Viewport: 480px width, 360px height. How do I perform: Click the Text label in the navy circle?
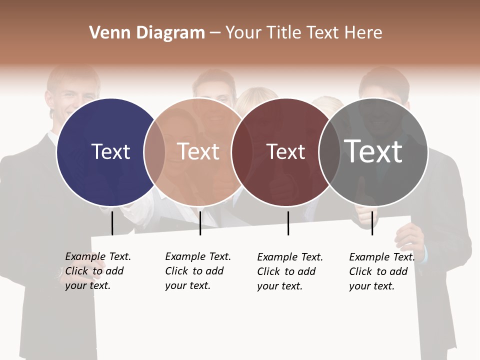(x=110, y=151)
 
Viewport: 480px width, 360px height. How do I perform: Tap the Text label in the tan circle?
(x=198, y=151)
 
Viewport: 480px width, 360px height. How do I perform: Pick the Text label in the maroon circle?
(x=285, y=152)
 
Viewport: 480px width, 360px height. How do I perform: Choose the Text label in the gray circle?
(x=373, y=151)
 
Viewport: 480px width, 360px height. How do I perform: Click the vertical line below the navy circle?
(x=112, y=223)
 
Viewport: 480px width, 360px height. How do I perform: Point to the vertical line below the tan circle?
(x=200, y=223)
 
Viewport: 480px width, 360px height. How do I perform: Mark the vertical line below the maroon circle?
(x=288, y=223)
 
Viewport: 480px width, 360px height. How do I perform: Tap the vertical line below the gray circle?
(x=372, y=223)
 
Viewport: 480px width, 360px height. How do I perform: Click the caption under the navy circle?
(x=98, y=271)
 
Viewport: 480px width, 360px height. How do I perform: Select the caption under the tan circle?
(x=198, y=271)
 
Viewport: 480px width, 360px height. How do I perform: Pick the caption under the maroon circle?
(x=290, y=271)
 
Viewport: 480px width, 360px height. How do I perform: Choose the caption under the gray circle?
(x=382, y=271)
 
